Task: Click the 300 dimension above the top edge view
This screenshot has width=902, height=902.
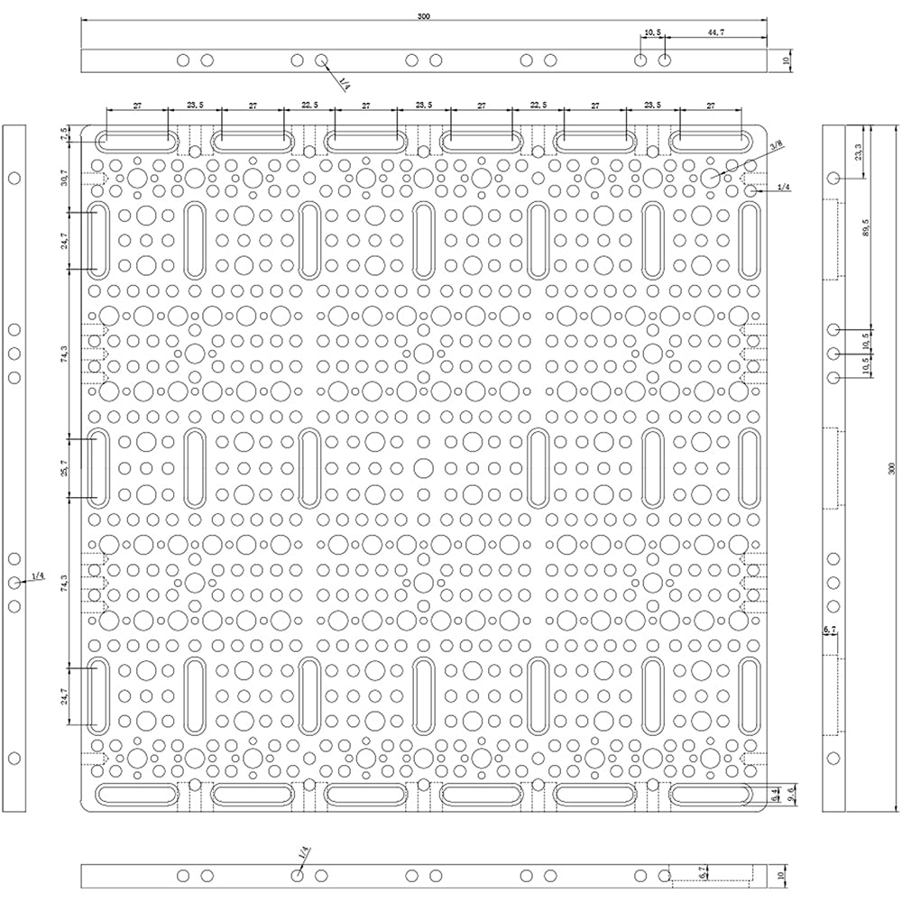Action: pos(424,16)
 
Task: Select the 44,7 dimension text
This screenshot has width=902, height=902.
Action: pos(715,32)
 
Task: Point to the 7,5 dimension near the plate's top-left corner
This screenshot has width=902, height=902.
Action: pos(65,133)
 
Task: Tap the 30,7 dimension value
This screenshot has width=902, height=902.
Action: pos(65,177)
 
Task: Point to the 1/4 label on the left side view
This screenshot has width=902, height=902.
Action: pos(38,575)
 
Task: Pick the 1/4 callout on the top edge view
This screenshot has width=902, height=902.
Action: pos(345,83)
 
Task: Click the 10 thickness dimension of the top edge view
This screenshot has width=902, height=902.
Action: pos(786,60)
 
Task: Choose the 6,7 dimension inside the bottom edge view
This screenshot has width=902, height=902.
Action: pos(702,874)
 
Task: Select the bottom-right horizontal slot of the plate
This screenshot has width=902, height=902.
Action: pos(712,795)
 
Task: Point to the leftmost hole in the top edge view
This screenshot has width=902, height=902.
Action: pos(183,60)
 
